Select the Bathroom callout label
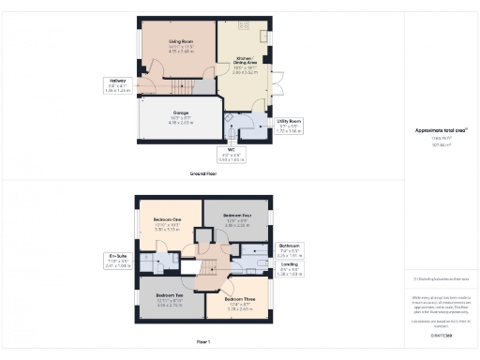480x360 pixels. (290, 249)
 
